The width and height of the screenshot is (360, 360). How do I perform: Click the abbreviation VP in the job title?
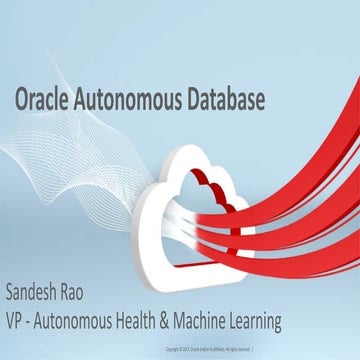[17, 321]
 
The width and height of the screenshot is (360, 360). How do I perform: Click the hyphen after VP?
[34, 322]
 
